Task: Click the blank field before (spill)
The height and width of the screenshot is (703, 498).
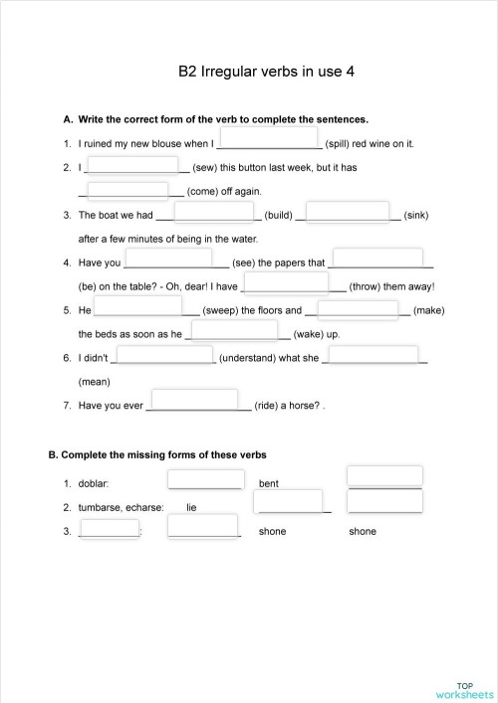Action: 268,138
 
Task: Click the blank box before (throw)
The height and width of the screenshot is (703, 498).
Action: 285,283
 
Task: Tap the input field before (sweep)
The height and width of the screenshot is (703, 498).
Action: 137,307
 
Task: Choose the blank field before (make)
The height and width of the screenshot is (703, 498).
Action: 358,308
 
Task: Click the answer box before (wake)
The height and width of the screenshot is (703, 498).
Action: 234,331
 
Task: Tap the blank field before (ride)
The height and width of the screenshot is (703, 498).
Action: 199,405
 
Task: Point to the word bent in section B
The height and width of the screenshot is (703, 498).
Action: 268,483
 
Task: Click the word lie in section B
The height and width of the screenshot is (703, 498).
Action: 191,507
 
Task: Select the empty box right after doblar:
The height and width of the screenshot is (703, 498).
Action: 205,479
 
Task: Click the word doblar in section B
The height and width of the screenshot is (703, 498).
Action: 93,483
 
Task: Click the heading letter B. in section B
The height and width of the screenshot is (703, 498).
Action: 54,455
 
